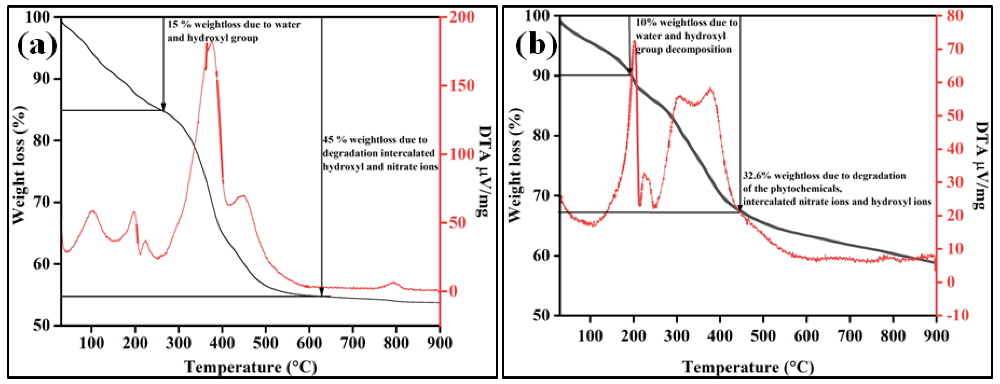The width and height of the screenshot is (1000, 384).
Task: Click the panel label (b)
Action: [x=536, y=46]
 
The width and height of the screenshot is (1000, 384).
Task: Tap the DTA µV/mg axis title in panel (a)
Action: [x=484, y=171]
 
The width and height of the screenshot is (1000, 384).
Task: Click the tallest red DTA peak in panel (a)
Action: [x=212, y=42]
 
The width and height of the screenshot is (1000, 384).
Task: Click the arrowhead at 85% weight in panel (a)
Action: [x=163, y=107]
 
